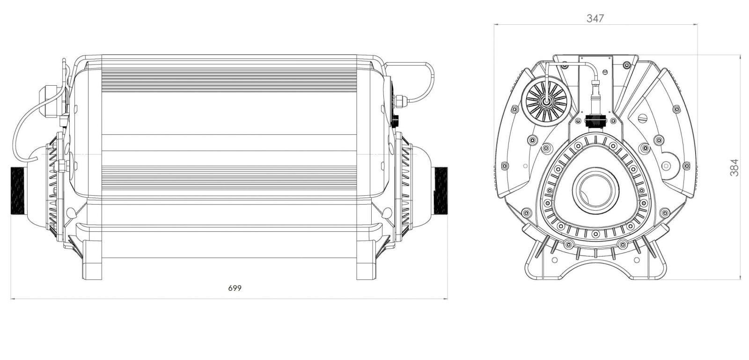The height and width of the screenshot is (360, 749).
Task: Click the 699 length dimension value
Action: coord(235,288)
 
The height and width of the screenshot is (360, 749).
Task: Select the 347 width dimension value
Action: coord(595,18)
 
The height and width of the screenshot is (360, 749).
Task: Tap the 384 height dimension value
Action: coord(734,168)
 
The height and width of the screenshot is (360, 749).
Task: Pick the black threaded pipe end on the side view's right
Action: coord(441,191)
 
